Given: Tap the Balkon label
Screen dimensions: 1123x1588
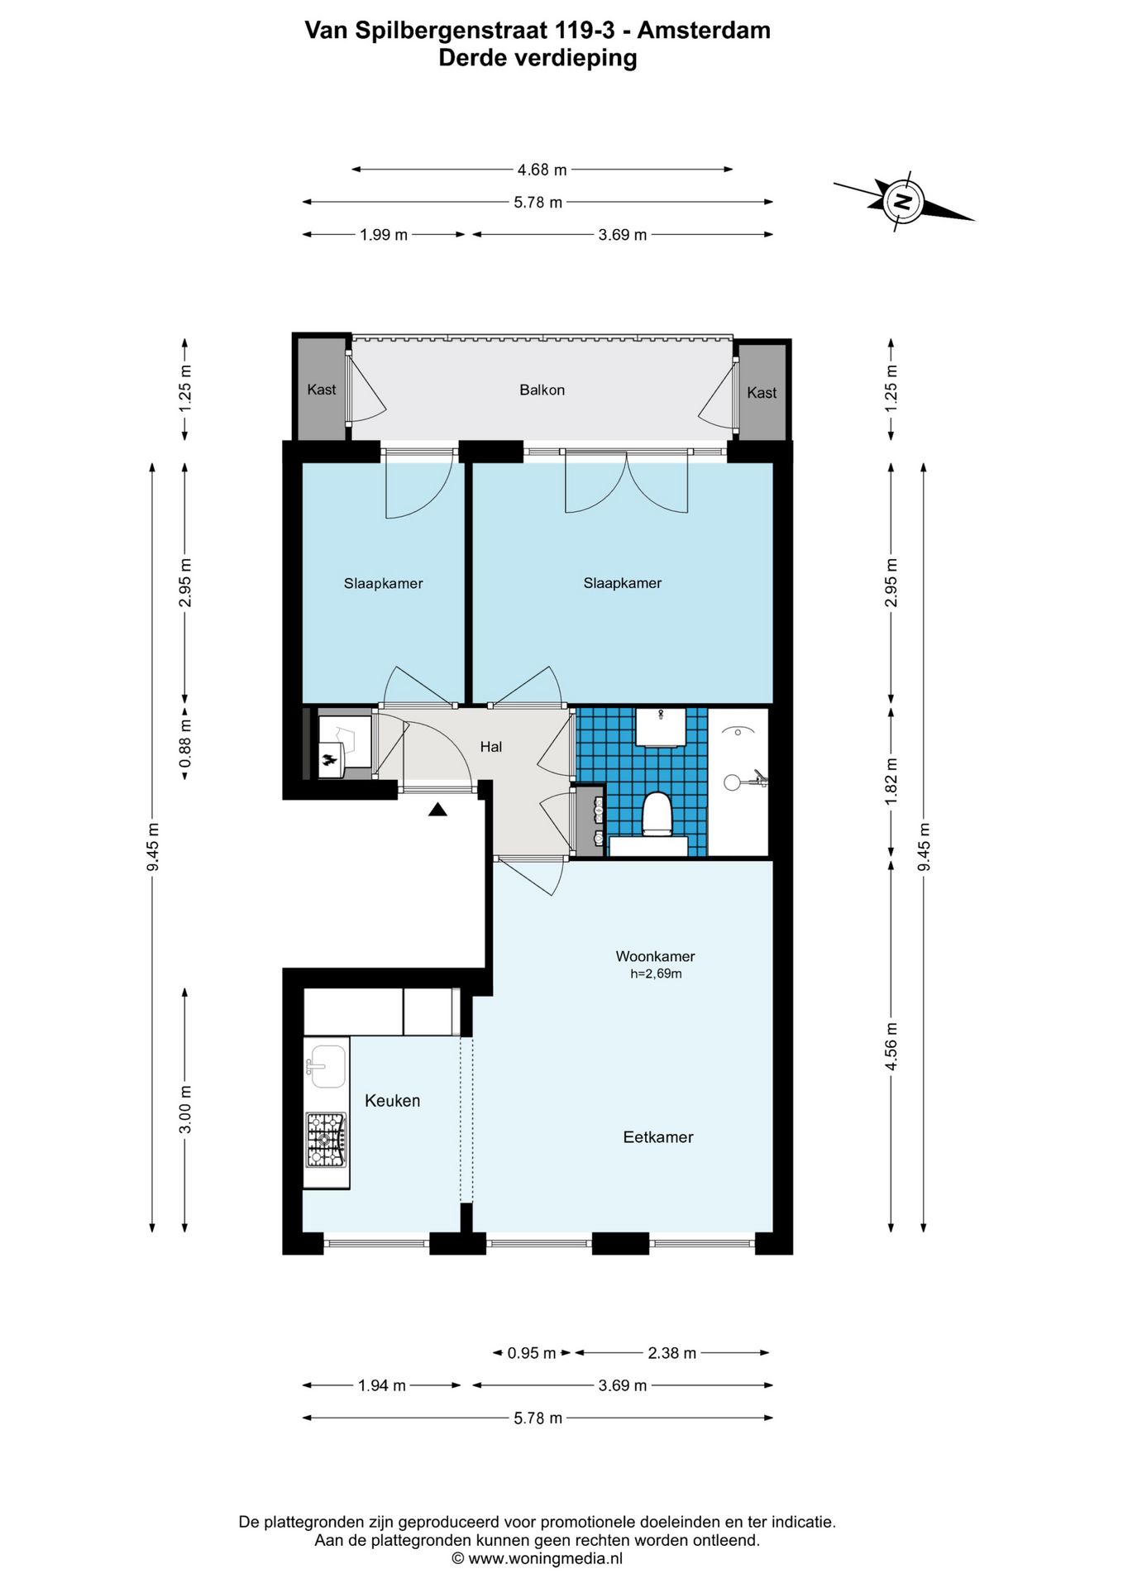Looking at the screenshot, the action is [542, 390].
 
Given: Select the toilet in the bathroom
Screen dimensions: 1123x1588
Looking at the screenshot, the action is [657, 814].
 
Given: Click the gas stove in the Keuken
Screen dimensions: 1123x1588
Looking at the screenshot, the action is [326, 1140].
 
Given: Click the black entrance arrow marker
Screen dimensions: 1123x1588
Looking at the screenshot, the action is [437, 809].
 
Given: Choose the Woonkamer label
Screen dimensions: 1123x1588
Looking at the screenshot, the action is [655, 956].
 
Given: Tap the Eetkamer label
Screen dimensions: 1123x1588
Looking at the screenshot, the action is [658, 1137].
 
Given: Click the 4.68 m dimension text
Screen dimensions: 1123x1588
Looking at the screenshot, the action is [542, 170].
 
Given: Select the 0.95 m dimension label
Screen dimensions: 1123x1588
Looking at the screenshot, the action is [532, 1353].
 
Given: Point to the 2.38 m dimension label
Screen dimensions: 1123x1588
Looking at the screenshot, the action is [671, 1353].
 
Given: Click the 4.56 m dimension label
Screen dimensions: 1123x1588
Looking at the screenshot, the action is [891, 1046].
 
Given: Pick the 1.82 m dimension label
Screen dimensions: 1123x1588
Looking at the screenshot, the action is [891, 781].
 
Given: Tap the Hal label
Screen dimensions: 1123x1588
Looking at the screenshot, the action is [491, 747].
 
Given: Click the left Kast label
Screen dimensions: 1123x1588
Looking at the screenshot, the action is [322, 390].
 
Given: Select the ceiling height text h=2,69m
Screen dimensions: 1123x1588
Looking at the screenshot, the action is [656, 973].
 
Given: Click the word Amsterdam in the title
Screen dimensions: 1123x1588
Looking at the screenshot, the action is [704, 31].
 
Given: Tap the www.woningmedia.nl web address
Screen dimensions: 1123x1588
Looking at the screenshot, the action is [545, 1558].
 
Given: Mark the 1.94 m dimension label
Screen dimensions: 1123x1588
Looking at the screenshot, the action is [382, 1385].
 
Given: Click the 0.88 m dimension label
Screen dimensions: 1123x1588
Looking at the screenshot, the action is [185, 744].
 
